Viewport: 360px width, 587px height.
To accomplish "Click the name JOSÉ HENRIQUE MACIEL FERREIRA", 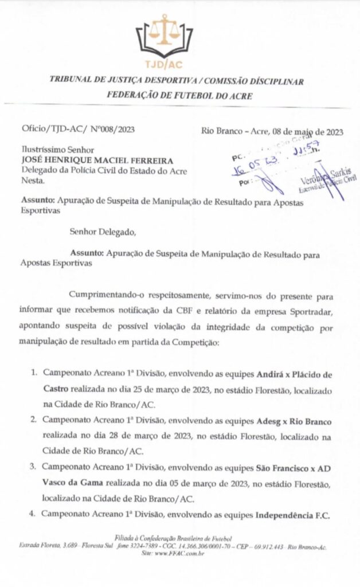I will (88, 161).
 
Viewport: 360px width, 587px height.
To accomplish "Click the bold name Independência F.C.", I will (292, 515).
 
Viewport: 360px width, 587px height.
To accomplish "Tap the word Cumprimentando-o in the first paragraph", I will (105, 296).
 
